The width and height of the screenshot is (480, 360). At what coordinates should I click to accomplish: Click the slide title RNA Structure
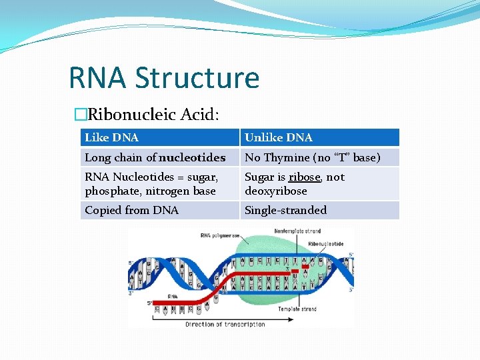click(164, 77)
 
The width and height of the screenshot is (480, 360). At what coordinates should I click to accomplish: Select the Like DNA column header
click(112, 137)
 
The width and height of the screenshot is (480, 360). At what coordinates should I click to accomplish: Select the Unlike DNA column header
click(279, 137)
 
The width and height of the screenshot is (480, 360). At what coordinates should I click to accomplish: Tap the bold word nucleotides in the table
click(192, 157)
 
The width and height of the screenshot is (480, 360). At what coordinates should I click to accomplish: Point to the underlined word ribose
click(305, 177)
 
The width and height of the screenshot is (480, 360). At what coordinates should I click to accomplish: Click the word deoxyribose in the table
click(276, 191)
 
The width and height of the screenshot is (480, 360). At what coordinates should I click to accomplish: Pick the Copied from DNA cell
click(132, 210)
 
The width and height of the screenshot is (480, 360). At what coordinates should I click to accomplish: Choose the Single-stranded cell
click(286, 210)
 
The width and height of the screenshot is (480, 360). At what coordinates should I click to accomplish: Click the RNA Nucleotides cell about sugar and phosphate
click(151, 184)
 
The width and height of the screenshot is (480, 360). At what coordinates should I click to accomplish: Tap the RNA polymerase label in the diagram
click(221, 235)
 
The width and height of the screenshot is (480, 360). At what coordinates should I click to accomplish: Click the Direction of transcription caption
click(225, 325)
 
